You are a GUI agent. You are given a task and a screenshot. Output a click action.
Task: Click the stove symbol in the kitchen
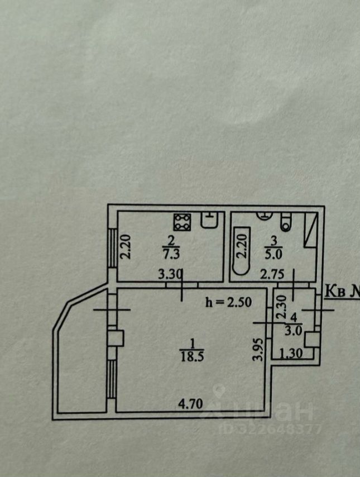pos(182,223)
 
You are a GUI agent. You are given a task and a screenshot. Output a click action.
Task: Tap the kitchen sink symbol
pos(209,221)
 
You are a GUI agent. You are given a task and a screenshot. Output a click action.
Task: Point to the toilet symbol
pos(287,222)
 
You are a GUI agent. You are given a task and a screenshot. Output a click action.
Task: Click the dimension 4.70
pos(190,402)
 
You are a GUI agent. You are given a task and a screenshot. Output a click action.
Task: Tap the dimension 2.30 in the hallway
pos(282,307)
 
